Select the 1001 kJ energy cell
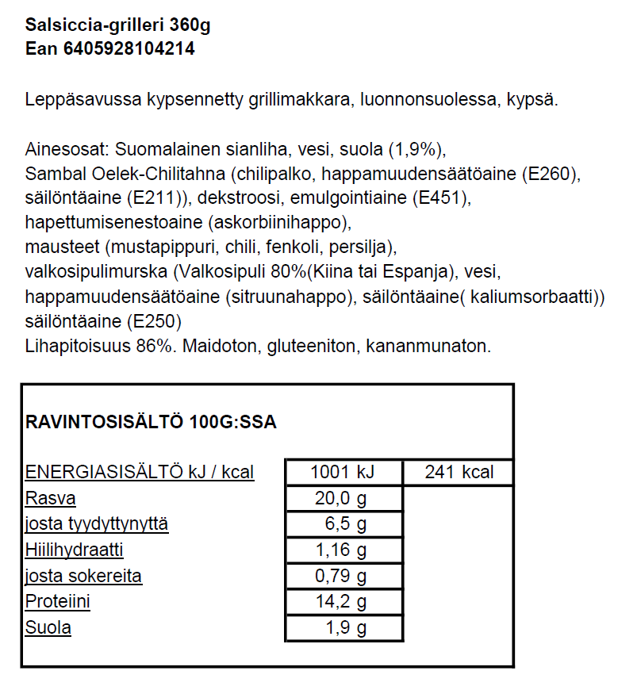[343, 473]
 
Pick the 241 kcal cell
[459, 473]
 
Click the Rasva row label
[51, 498]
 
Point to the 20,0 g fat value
[343, 498]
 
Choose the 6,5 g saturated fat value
[346, 524]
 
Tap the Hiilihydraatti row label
[75, 550]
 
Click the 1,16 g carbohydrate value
[343, 550]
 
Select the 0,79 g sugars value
[343, 576]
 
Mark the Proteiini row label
[58, 601]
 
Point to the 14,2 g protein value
[343, 601]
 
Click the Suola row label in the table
[48, 627]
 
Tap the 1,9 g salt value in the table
[346, 627]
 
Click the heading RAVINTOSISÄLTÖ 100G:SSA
[152, 422]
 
